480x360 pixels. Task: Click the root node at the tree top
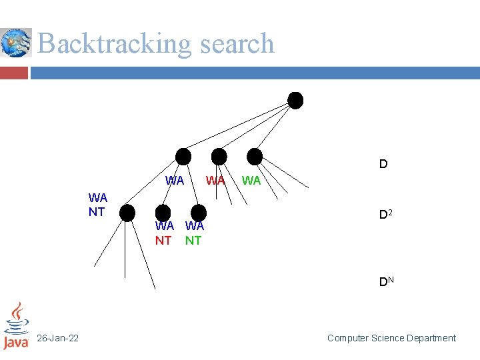(x=295, y=100)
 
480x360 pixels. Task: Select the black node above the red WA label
(x=219, y=156)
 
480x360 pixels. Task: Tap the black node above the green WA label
(x=255, y=156)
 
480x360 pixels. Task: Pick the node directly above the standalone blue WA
(x=183, y=156)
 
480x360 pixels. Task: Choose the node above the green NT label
(x=197, y=211)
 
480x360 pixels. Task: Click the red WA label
(x=215, y=180)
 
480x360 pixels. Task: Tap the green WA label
(x=251, y=180)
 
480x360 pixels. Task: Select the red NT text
(x=163, y=241)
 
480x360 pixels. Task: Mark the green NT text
(x=193, y=241)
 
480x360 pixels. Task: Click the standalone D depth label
(x=383, y=164)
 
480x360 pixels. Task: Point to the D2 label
(x=385, y=215)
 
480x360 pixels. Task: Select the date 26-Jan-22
(x=58, y=339)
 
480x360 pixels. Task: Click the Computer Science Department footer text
(x=391, y=338)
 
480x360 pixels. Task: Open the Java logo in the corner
(x=17, y=326)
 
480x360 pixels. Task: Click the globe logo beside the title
(x=16, y=43)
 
